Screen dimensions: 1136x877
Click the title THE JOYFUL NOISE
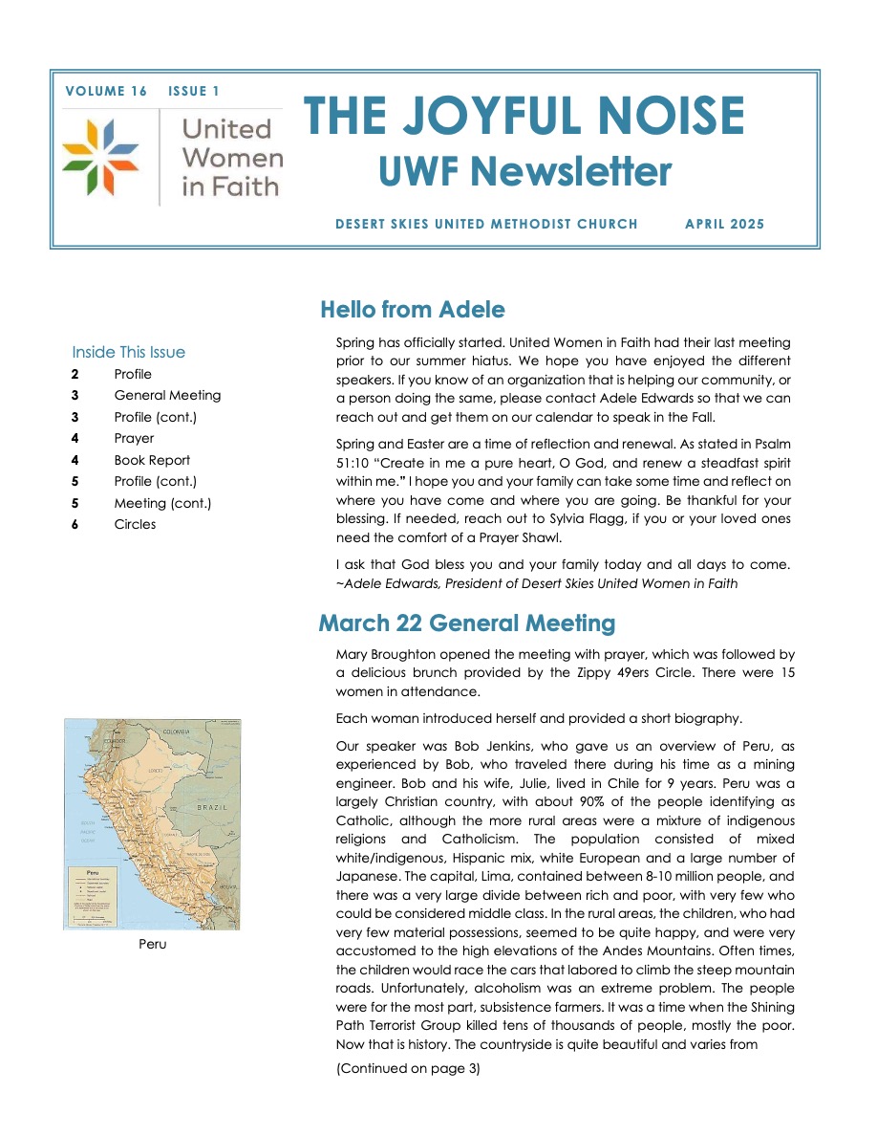(x=524, y=118)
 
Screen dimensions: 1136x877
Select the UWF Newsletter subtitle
(x=524, y=172)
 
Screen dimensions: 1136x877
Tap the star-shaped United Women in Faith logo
(x=100, y=158)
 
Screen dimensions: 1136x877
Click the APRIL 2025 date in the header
(x=724, y=225)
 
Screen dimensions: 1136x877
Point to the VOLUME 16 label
(x=106, y=92)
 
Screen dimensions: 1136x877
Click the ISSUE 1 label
(x=193, y=92)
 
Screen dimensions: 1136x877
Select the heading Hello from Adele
(x=412, y=310)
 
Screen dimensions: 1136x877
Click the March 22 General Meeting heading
(x=466, y=623)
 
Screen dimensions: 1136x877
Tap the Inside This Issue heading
(x=128, y=352)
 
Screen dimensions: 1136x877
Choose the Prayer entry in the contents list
(x=134, y=439)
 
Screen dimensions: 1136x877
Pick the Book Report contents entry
(x=152, y=460)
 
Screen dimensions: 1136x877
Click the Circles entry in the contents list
(x=135, y=524)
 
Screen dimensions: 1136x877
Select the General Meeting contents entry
(x=167, y=395)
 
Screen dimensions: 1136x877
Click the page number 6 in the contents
(x=75, y=524)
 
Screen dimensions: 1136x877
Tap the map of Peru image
(x=152, y=823)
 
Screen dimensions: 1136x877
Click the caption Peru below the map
(x=152, y=945)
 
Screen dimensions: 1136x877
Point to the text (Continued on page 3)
(x=408, y=1068)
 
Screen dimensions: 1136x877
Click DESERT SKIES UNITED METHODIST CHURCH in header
(x=486, y=225)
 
